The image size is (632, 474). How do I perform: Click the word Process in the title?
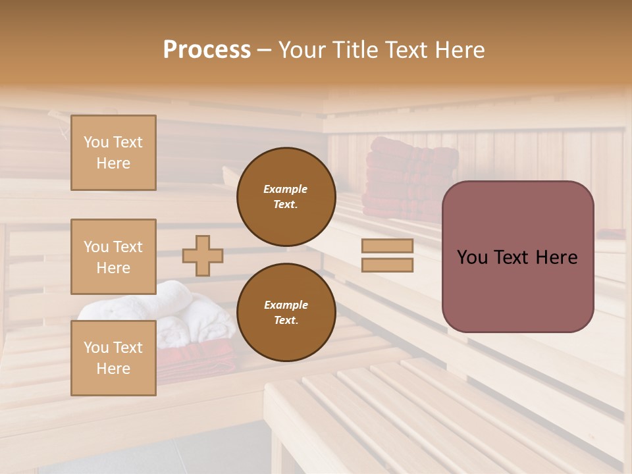coord(207,50)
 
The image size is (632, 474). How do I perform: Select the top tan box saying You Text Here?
coord(113,153)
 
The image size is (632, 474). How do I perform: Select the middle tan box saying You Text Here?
coord(113,257)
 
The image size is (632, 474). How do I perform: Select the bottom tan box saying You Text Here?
coord(113,357)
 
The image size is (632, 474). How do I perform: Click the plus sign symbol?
coord(203,255)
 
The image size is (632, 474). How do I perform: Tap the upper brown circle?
coord(286,196)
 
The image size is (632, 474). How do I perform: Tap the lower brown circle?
coord(286,312)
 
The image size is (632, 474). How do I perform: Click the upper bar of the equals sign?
coord(387,246)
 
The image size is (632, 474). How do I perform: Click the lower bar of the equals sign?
coord(387,265)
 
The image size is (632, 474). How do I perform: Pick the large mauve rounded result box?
coord(517,257)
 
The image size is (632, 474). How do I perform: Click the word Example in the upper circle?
coord(285,189)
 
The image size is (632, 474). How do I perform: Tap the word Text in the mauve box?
coord(519,257)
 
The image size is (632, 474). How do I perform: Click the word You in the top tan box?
coord(96,142)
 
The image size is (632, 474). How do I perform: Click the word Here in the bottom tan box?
coord(113,369)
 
